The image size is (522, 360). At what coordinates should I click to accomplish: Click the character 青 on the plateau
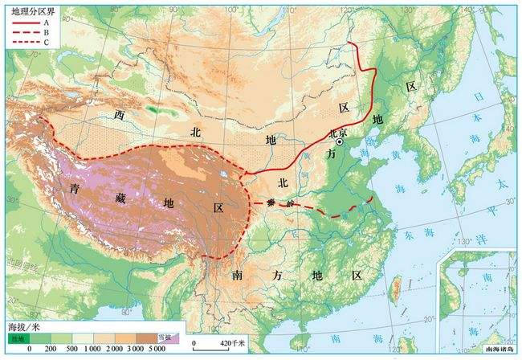coord(75,190)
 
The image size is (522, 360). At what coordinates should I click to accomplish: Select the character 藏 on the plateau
coord(120,198)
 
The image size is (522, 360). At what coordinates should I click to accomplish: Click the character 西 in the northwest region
coord(120,115)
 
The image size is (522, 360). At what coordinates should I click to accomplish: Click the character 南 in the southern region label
coord(239,276)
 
